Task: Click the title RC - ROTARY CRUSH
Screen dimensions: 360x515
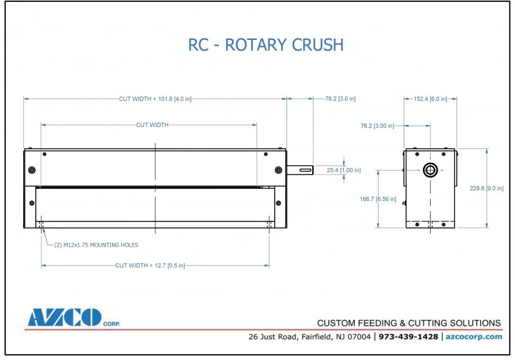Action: [x=265, y=44]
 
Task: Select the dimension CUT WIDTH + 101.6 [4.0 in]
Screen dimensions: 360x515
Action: [x=155, y=99]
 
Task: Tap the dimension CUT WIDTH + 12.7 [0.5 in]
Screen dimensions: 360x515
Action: [x=154, y=265]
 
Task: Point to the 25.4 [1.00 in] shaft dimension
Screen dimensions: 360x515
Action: [x=344, y=170]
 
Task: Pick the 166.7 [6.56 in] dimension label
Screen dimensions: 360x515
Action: [x=378, y=199]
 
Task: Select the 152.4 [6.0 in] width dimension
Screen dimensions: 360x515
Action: [x=431, y=99]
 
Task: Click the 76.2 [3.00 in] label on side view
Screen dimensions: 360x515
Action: [x=377, y=126]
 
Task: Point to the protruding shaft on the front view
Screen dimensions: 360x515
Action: [x=300, y=170]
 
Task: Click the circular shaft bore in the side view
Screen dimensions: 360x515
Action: [x=430, y=170]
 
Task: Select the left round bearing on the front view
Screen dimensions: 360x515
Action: [x=32, y=170]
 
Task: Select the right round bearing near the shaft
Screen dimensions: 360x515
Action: [x=278, y=170]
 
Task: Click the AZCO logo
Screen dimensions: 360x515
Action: [x=64, y=317]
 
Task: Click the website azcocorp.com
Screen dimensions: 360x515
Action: [x=474, y=337]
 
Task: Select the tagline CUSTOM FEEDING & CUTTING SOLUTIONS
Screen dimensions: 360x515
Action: [x=409, y=323]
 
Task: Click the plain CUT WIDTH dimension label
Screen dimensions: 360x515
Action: [x=152, y=125]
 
